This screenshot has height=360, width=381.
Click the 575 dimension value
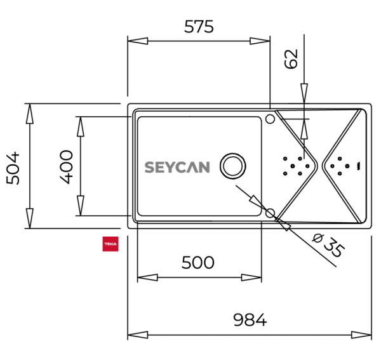pyautogui.click(x=199, y=27)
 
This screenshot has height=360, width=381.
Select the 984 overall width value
pyautogui.click(x=250, y=319)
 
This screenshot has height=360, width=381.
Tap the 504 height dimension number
pyautogui.click(x=13, y=168)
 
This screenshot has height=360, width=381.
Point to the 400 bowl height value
pyautogui.click(x=66, y=167)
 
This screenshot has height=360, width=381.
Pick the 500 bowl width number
pyautogui.click(x=197, y=262)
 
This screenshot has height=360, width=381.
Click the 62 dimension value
pyautogui.click(x=291, y=59)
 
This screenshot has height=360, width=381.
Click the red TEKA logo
pyautogui.click(x=110, y=244)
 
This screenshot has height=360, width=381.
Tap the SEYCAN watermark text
pyautogui.click(x=177, y=167)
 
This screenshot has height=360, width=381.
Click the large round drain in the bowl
pyautogui.click(x=233, y=166)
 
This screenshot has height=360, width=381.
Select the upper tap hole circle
pyautogui.click(x=270, y=119)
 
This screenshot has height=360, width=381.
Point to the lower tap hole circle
pyautogui.click(x=270, y=213)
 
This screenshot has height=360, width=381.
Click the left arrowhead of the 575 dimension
pyautogui.click(x=138, y=41)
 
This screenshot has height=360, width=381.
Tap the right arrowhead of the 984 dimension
pyautogui.click(x=361, y=335)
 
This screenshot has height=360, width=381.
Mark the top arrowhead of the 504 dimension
pyautogui.click(x=30, y=114)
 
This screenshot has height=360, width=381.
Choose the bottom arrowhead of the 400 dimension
pyautogui.click(x=81, y=206)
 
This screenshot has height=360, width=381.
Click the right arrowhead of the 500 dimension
pyautogui.click(x=251, y=277)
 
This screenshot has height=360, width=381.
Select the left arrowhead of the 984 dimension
pyautogui.click(x=138, y=335)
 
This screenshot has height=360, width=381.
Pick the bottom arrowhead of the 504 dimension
pyautogui.click(x=30, y=218)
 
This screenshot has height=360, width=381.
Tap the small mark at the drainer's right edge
pyautogui.click(x=358, y=166)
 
